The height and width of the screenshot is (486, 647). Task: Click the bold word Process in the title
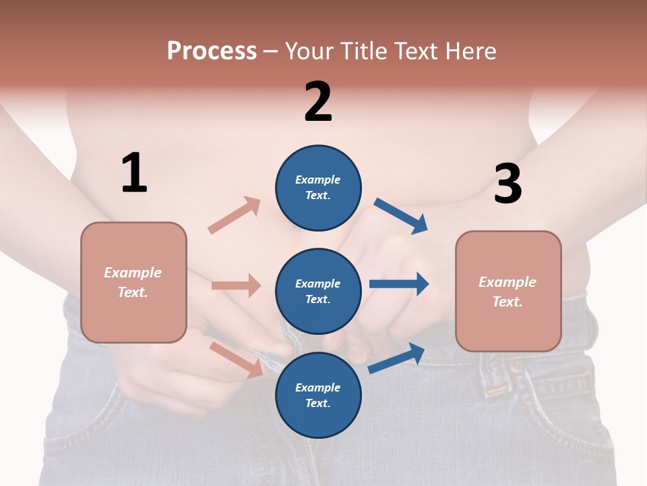coord(212,51)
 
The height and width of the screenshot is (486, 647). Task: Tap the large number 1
coord(134,173)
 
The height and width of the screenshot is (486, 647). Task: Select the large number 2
coord(318,102)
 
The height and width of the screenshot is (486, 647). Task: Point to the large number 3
coord(507,184)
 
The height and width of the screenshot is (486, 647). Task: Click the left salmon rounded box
coord(133,282)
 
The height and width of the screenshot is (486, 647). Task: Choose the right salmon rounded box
coord(508,292)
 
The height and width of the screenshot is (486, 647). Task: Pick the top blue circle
coord(318,188)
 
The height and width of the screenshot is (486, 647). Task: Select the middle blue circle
coord(318,292)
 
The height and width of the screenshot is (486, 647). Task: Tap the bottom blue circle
coord(318,395)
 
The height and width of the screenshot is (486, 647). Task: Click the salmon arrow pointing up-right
coord(234,215)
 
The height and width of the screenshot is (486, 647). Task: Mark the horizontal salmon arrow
coord(236,286)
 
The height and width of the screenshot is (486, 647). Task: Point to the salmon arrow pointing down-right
coord(237,360)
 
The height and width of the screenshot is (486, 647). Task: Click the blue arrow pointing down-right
coord(401,216)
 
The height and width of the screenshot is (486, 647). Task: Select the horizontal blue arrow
coord(399,283)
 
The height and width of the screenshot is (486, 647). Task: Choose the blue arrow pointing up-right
coord(396,358)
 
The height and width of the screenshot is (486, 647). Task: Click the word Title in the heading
coord(365,51)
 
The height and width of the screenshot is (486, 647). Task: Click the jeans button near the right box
coord(516,368)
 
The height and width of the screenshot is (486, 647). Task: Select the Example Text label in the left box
coord(133,282)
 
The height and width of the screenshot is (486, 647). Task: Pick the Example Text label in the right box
coord(507,292)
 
